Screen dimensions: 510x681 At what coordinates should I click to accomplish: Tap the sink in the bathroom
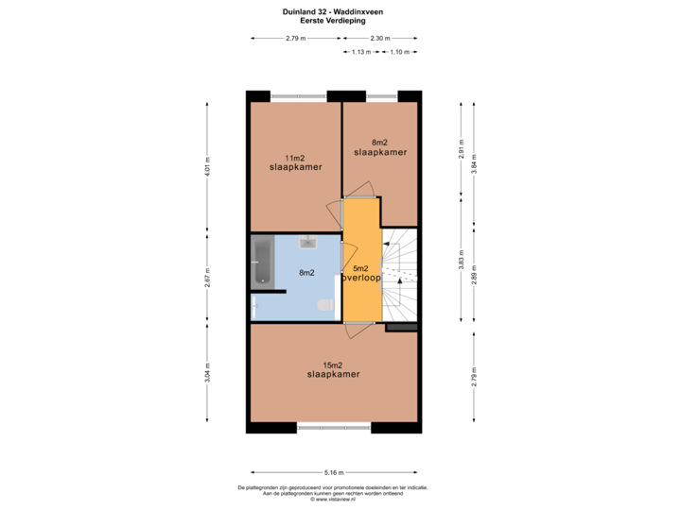(307, 244)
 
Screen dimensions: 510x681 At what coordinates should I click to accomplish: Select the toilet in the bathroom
(326, 304)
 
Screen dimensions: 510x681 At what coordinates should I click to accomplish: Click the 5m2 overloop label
(360, 274)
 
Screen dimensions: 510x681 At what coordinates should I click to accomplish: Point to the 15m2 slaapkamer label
(333, 369)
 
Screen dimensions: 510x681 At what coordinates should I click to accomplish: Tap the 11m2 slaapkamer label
(295, 162)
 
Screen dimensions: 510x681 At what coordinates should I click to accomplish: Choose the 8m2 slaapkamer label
(380, 147)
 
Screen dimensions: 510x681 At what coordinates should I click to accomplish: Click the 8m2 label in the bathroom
(306, 273)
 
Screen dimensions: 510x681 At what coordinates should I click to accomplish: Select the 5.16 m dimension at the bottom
(334, 472)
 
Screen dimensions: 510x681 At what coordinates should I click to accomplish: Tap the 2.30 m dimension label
(379, 38)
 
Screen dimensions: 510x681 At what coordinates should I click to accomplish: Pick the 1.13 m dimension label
(360, 52)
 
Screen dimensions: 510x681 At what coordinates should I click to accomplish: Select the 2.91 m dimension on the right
(461, 153)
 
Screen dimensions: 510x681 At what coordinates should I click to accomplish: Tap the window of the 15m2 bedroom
(333, 428)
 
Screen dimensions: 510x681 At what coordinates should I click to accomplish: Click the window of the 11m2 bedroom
(299, 95)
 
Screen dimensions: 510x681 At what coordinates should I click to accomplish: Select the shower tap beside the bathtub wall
(253, 304)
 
